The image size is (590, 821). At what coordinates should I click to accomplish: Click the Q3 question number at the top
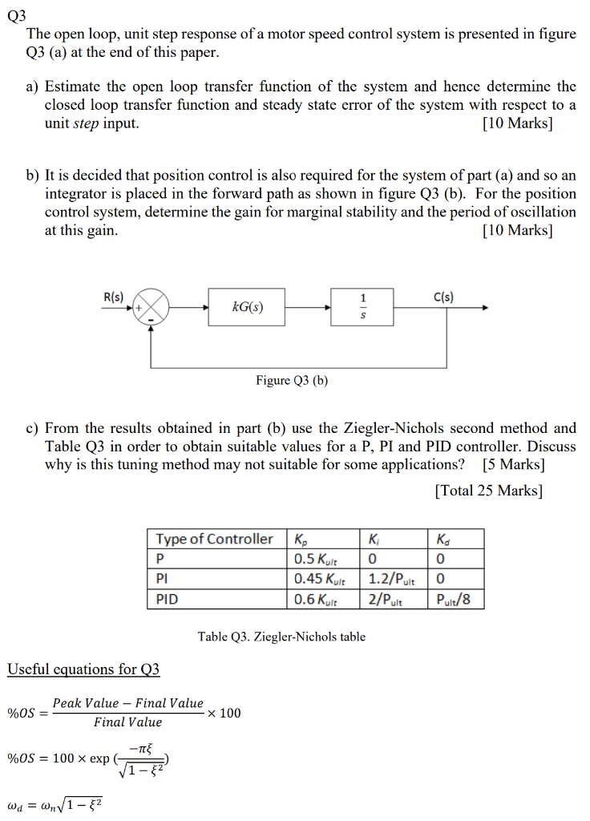point(16,15)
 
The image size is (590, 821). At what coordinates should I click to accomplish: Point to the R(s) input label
point(114,296)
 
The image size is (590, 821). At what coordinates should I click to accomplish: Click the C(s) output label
point(443,296)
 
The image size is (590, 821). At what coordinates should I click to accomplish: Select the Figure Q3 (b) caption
point(292,380)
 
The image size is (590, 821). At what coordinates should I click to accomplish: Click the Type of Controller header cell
point(214,539)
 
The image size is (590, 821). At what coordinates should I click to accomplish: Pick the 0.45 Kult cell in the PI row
point(316,578)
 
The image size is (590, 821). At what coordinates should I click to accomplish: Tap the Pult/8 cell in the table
point(455,598)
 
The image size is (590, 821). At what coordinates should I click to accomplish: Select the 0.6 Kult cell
point(316,598)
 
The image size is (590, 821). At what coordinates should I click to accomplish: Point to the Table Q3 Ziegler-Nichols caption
point(281,637)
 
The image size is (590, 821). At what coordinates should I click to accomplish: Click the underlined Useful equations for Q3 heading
point(83,669)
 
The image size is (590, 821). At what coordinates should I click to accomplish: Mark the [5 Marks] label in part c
point(514,464)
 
